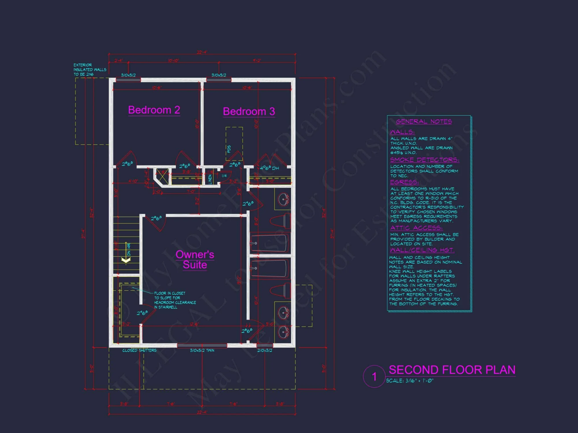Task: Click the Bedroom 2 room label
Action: (154, 110)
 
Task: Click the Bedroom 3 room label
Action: (249, 111)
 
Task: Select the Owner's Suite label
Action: (195, 260)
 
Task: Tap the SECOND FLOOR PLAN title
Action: (452, 370)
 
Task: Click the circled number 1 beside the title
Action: (374, 376)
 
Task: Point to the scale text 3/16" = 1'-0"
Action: (410, 381)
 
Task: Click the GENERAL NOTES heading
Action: (424, 122)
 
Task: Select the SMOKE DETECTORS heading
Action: (424, 160)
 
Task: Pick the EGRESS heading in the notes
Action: (404, 182)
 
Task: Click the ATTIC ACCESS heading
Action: (416, 228)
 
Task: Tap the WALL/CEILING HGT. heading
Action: (422, 250)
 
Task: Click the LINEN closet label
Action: (210, 179)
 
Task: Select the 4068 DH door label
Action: (269, 168)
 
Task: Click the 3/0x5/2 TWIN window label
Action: (202, 350)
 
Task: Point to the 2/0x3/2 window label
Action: (265, 350)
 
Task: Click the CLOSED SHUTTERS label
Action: (139, 350)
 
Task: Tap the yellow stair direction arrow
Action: (126, 260)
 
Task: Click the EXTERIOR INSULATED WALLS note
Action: (90, 70)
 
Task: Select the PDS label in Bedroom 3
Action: (229, 149)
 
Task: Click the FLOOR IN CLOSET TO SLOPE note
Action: (175, 300)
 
